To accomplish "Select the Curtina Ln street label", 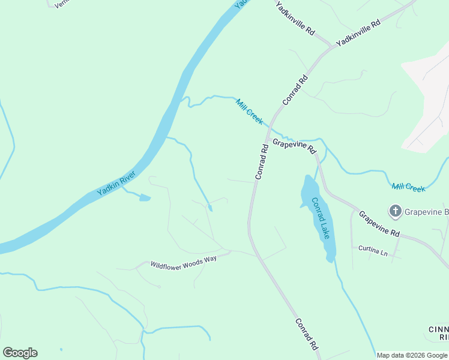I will tap(373, 250).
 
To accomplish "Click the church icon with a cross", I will tap(395, 211).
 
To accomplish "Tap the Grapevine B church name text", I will tap(426, 211).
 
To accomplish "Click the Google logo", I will tap(20, 353).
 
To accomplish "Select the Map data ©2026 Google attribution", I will tap(412, 355).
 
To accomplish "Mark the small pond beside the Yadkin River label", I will tap(144, 197).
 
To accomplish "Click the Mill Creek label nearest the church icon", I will tap(408, 187).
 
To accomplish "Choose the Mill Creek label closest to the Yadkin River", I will tap(249, 112).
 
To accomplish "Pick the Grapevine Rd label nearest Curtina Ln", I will tap(379, 224).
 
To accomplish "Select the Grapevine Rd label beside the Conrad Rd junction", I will tap(294, 146).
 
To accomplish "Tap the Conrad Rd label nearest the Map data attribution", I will tap(306, 334).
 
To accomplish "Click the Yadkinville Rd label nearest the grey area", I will tap(358, 34).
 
